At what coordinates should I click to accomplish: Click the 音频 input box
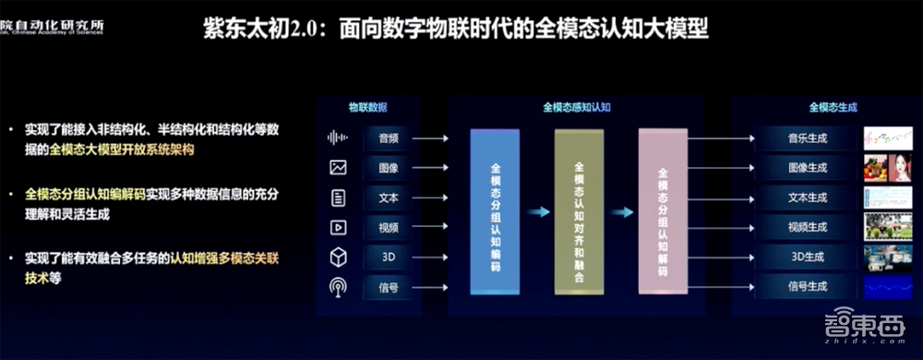click(x=388, y=138)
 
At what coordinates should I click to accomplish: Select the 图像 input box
click(x=388, y=168)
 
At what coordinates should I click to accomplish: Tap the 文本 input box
click(x=388, y=198)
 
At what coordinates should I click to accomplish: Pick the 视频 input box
click(x=388, y=227)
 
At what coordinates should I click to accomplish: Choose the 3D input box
click(x=388, y=257)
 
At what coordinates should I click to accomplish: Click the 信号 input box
click(x=388, y=286)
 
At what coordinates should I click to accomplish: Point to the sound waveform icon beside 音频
click(x=339, y=138)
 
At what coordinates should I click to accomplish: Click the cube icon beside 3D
click(x=338, y=257)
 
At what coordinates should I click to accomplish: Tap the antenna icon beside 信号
click(x=338, y=286)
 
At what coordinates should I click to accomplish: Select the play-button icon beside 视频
click(x=338, y=227)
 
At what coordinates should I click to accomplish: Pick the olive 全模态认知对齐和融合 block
click(x=579, y=212)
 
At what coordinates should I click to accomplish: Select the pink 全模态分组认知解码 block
click(x=662, y=212)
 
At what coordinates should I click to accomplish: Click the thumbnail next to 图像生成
click(x=887, y=168)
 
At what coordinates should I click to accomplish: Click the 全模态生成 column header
click(x=833, y=107)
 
